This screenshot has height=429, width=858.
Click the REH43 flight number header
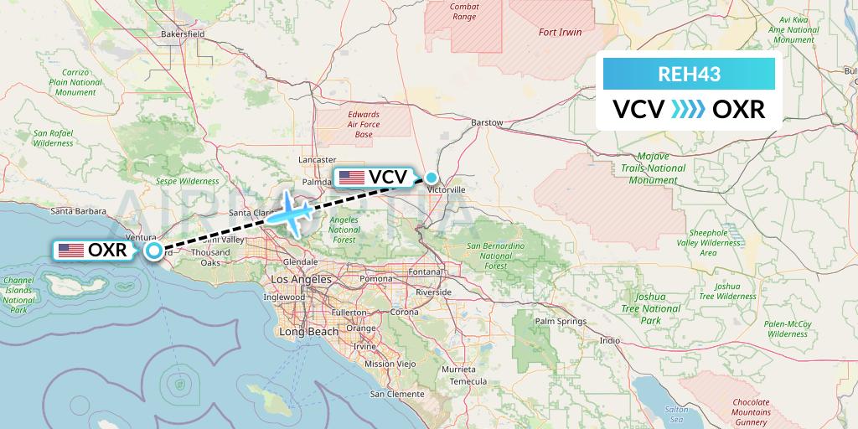tap(689, 74)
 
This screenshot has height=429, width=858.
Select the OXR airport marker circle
tap(154, 250)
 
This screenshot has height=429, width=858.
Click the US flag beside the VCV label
tap(351, 177)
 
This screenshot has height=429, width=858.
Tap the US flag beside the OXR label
tap(70, 250)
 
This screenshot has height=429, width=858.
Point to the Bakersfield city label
tap(183, 34)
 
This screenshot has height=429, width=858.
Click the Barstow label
tap(488, 122)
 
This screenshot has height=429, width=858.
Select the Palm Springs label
tap(561, 321)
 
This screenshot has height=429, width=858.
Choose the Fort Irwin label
tap(561, 32)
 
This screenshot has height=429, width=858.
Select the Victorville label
tap(446, 190)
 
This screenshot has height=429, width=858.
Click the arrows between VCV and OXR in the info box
tap(689, 110)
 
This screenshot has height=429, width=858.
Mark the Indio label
tap(609, 340)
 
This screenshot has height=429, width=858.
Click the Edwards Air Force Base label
tap(364, 124)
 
